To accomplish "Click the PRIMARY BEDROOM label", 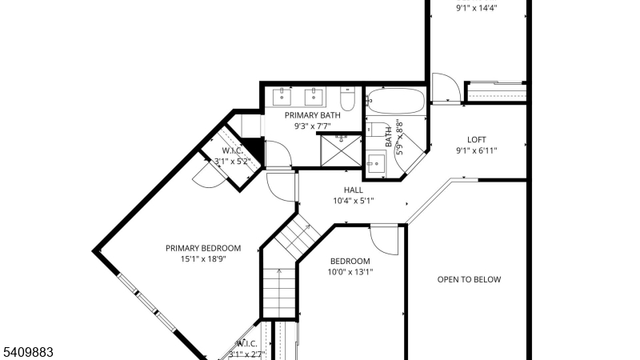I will pos(203,248).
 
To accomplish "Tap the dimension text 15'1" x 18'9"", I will pos(203,259).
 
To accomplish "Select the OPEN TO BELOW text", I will pos(469,279).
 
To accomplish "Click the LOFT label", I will pos(477,140).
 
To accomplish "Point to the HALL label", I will pos(354,190).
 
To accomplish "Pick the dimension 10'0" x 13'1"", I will pos(350,272).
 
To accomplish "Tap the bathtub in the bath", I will pos(395,102).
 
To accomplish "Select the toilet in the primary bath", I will pos(347,99).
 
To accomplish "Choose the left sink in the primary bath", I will pos(282,98).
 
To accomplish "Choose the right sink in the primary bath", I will pos(314,98).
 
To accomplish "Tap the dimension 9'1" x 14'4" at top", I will pos(477,9).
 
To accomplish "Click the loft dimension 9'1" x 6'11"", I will pos(477,150).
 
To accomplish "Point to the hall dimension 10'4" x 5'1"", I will pos(354,201).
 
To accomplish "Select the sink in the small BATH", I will pos(376,165).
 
